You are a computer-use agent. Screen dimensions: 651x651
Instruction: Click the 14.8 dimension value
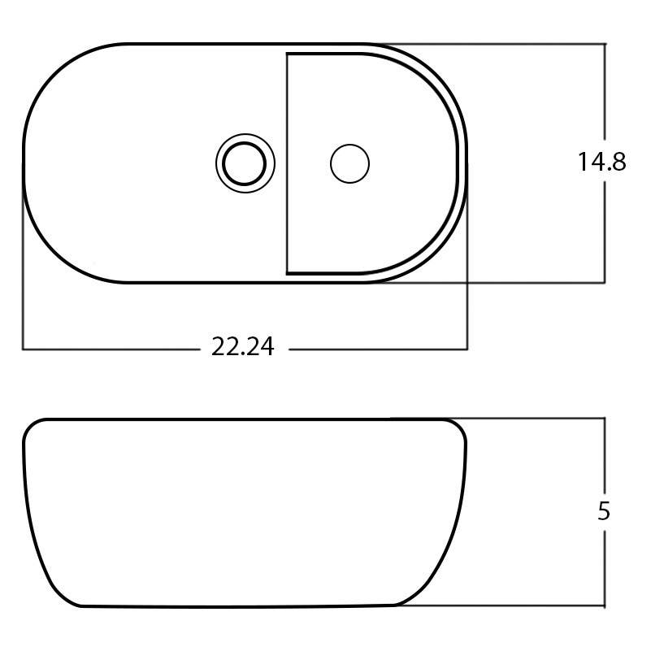(x=601, y=163)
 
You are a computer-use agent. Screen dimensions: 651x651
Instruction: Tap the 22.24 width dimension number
(x=243, y=348)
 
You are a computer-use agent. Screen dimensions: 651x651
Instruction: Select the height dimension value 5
(x=603, y=511)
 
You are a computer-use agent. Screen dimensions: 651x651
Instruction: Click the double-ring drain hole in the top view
(x=245, y=163)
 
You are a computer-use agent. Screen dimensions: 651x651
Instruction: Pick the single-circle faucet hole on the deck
(x=349, y=163)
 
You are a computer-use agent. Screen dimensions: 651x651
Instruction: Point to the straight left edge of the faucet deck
(x=287, y=163)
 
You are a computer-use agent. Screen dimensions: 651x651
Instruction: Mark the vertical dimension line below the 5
(x=605, y=569)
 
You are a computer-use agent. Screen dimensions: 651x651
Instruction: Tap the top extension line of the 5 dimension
(x=528, y=419)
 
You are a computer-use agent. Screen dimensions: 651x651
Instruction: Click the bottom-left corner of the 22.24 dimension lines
(x=23, y=349)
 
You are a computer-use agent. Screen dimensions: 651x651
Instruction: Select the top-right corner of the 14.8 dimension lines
(x=605, y=44)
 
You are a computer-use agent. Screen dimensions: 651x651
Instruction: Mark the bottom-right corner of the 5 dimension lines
(x=605, y=606)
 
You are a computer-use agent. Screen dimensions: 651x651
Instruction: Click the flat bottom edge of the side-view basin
(x=236, y=606)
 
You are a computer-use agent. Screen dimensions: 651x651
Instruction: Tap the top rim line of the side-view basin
(x=236, y=419)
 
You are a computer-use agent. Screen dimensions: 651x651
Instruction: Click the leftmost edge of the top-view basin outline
(x=23, y=163)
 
